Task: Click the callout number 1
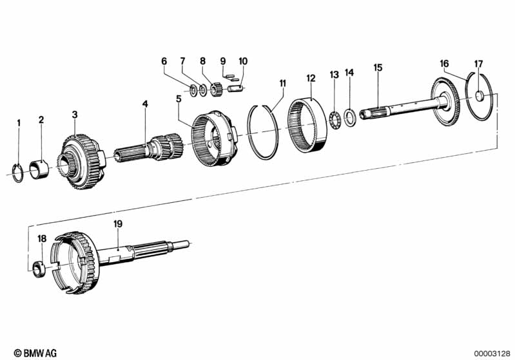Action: (x=19, y=122)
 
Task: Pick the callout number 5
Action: (x=179, y=99)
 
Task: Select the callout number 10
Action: (x=242, y=61)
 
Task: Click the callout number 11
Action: (x=282, y=82)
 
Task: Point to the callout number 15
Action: (x=378, y=67)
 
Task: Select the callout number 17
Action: (x=478, y=63)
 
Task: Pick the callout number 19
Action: (x=118, y=223)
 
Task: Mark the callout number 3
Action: (x=75, y=115)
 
